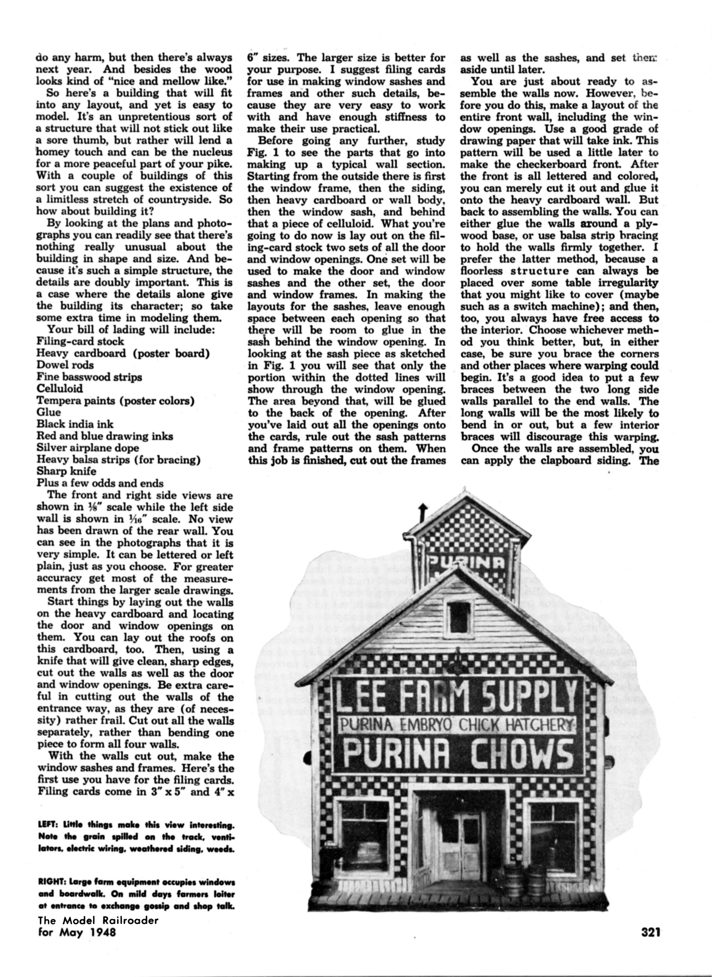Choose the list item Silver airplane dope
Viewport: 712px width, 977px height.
(x=88, y=448)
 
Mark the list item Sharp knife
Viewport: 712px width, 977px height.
(x=66, y=471)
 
